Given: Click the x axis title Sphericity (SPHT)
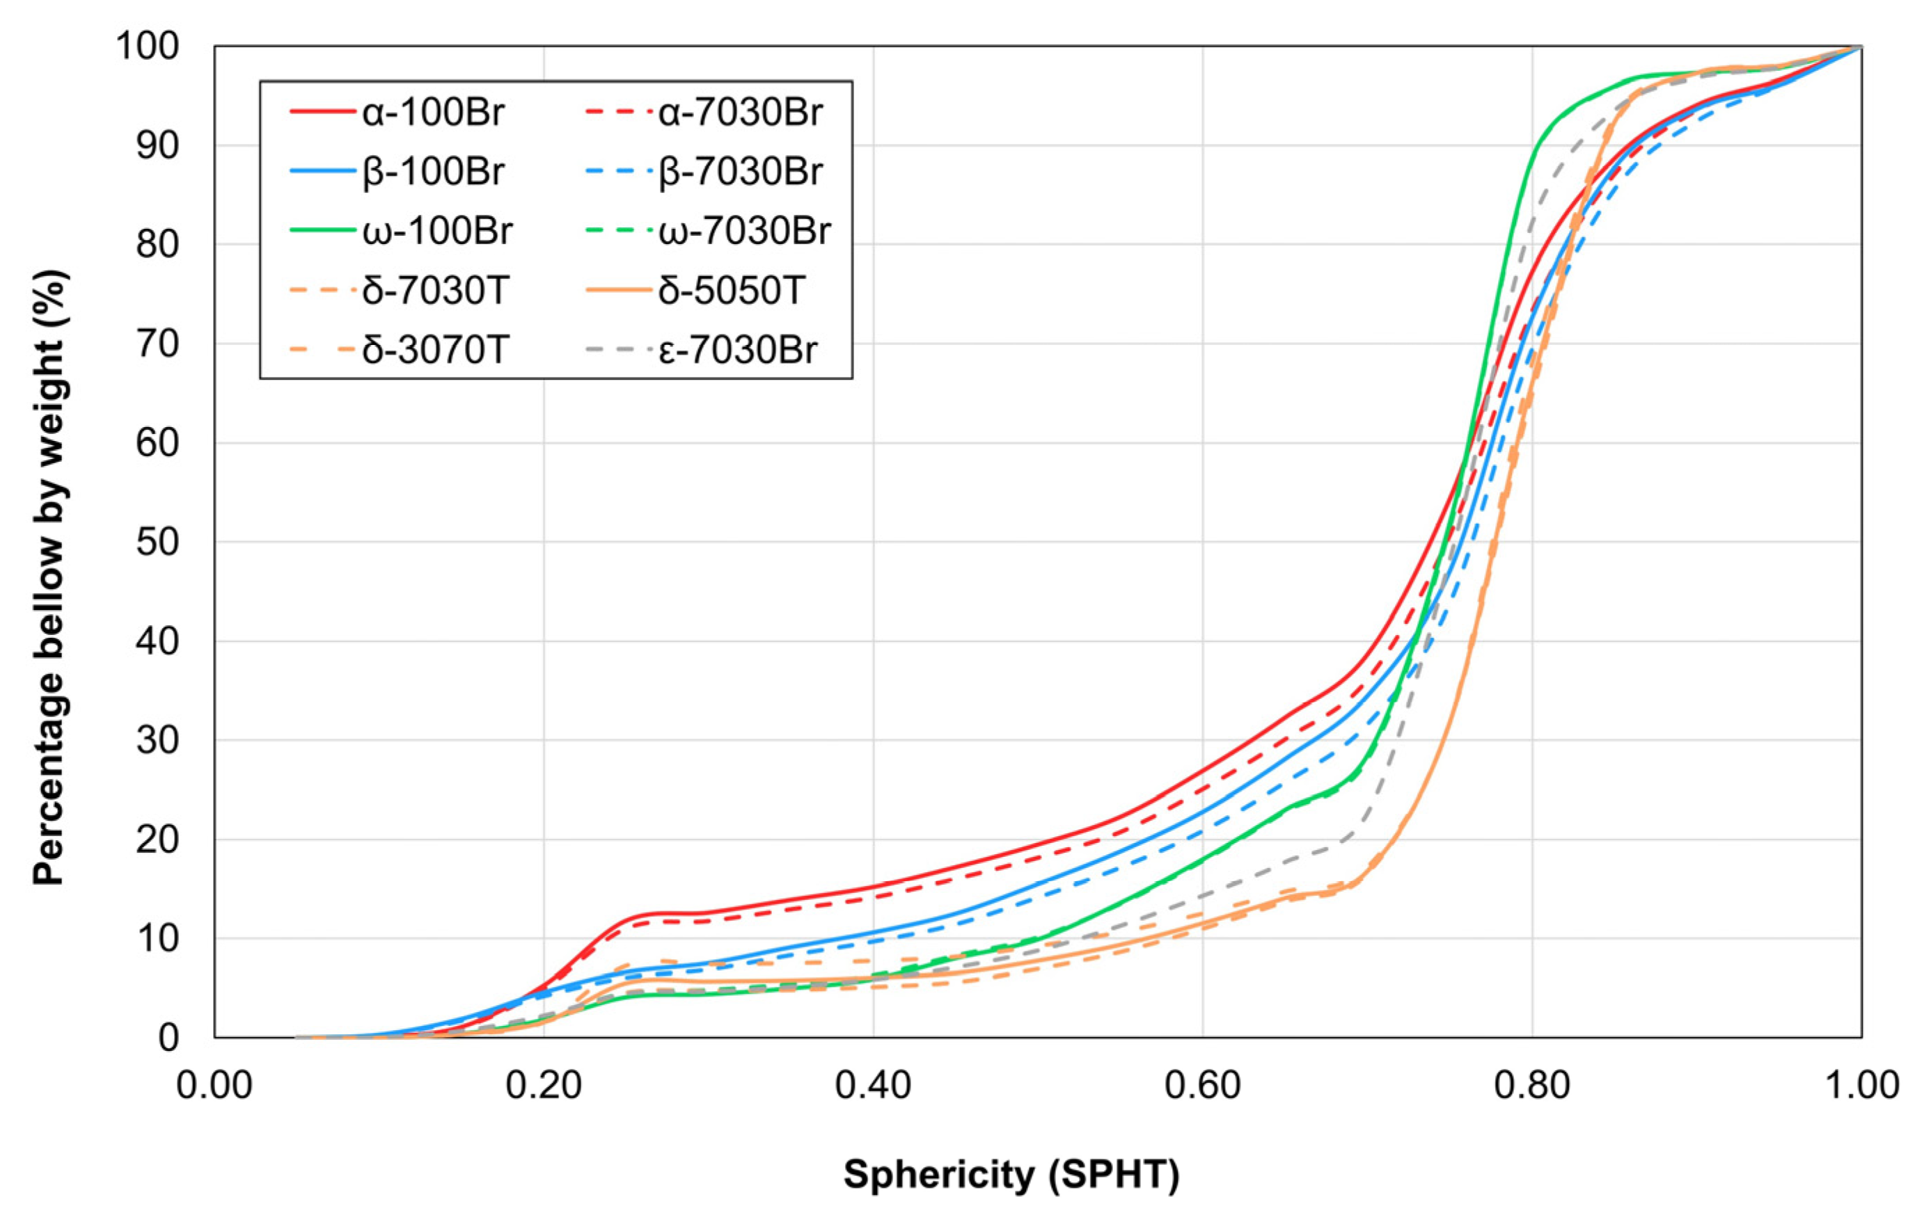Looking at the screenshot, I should tap(1011, 1175).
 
